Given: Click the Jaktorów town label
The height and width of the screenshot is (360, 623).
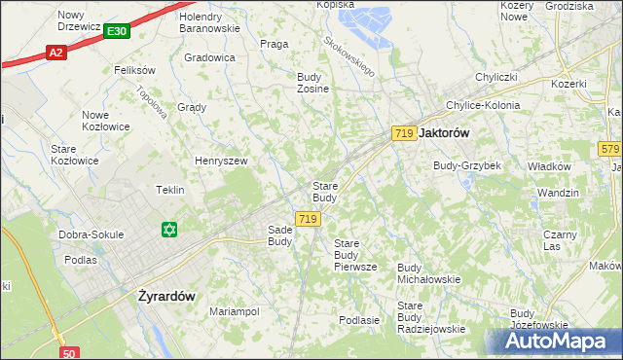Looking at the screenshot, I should coord(445,132).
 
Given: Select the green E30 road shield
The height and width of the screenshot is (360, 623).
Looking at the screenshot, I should coord(116,32).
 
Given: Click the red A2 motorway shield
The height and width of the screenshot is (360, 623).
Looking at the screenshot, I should coord(55,54).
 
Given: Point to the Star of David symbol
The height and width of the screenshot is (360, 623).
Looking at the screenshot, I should coord(169,230).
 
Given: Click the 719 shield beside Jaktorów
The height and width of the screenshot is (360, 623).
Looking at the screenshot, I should coord(406,132).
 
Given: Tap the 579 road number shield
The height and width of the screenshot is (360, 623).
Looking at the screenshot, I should coord(610,149).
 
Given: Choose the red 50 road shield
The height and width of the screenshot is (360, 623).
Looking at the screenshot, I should coord(68,353).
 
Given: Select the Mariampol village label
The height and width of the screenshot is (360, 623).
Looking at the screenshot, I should coord(234,311).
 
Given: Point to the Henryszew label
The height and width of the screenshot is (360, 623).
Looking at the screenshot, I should coord(222,161).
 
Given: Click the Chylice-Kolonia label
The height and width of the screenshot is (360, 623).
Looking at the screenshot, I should coord(482,105).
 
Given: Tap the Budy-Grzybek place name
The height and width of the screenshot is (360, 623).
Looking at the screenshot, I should coord(467,165).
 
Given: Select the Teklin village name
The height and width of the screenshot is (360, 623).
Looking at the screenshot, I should coord(170,190).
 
